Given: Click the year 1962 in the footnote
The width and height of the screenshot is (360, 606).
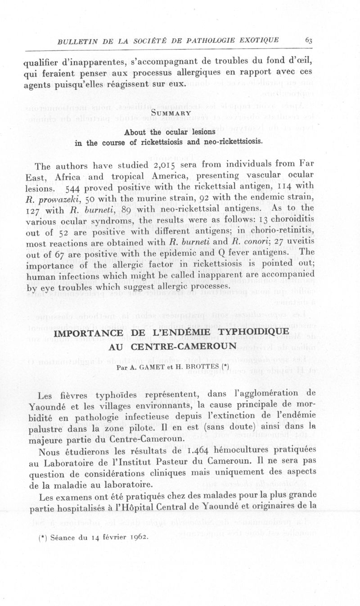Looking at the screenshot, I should pyautogui.click(x=135, y=537).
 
